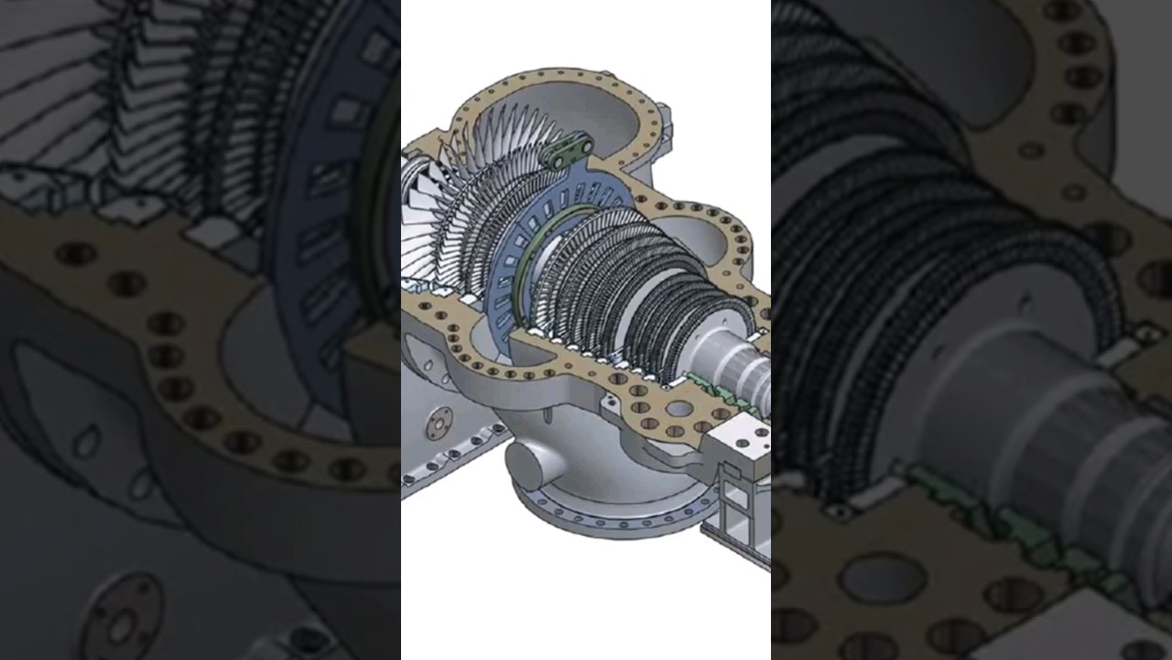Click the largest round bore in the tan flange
[680, 408]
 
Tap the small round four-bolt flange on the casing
[439, 421]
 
